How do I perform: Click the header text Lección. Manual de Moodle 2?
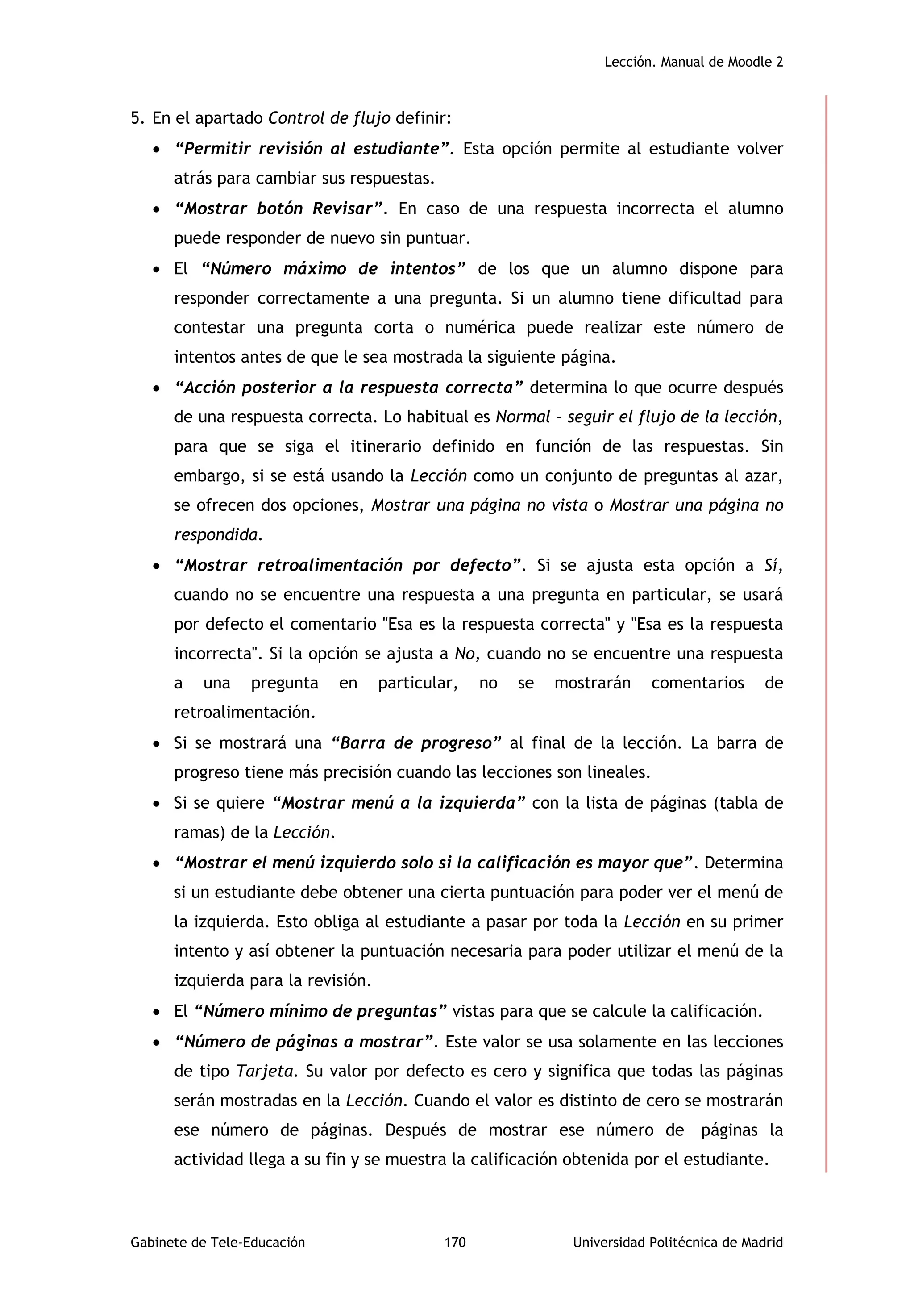point(694,62)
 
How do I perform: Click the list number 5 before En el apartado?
point(136,118)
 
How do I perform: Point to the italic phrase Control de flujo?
point(329,118)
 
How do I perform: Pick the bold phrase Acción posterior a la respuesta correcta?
point(349,388)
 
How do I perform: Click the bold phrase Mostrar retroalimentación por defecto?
point(349,565)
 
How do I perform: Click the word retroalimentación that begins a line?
point(244,713)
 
